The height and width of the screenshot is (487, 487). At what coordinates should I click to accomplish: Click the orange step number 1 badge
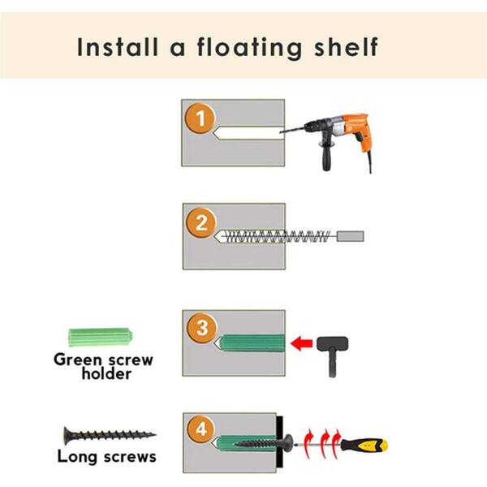[x=200, y=119]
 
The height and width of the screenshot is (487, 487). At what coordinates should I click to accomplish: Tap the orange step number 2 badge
[x=201, y=222]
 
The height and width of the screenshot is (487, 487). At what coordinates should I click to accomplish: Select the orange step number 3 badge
[x=202, y=328]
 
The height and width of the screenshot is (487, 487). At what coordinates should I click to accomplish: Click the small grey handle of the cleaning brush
[x=351, y=236]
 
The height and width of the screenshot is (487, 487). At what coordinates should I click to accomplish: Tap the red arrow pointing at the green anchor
[x=301, y=343]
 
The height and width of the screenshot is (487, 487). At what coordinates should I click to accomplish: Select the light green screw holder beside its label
[x=101, y=337]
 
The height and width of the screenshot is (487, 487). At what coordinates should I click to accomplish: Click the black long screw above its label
[x=110, y=435]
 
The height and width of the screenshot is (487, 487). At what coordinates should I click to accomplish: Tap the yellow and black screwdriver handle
[x=364, y=446]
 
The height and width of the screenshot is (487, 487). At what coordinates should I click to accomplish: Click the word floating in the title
[x=249, y=47]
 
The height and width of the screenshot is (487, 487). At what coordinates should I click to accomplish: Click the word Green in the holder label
[x=78, y=360]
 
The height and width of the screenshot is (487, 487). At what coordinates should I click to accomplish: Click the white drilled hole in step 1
[x=249, y=133]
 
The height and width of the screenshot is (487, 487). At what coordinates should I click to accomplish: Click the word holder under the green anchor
[x=106, y=373]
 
